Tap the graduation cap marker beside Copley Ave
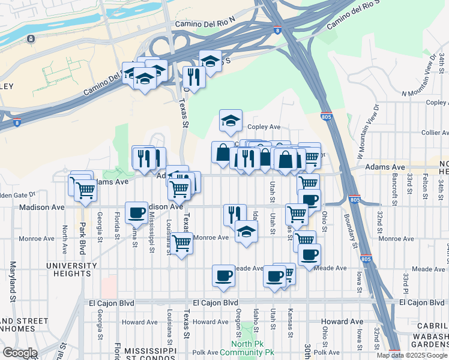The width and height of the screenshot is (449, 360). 231,121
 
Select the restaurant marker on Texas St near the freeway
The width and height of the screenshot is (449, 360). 194,77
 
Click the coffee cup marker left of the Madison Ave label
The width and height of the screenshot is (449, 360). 137,212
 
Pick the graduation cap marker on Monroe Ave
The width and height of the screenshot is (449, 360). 246,232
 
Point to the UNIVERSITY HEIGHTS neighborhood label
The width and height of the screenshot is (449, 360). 62,269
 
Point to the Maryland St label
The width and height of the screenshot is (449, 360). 11,280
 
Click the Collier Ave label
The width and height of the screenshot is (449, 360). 435,133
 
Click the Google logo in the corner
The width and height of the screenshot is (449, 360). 20,352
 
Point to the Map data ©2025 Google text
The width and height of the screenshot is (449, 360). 412,355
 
